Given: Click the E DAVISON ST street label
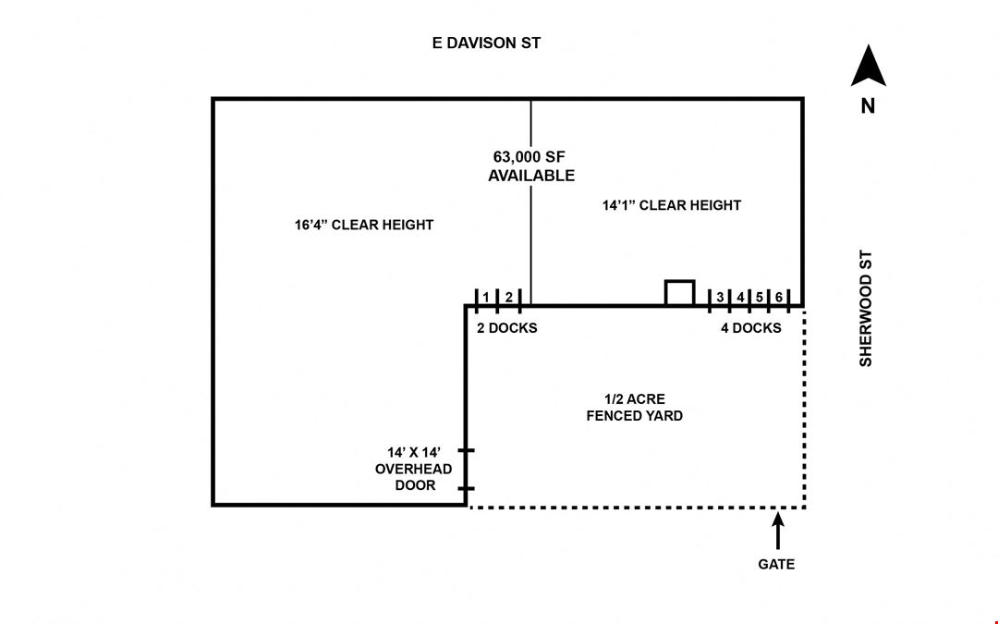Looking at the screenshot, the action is (x=486, y=43).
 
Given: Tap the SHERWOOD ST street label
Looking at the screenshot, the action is (x=866, y=308).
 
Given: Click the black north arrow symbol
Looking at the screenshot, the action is (x=868, y=65).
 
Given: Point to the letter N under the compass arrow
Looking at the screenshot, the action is (x=868, y=105).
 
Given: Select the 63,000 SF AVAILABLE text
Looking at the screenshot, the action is (x=531, y=166).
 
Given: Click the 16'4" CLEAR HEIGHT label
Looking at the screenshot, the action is (x=363, y=225).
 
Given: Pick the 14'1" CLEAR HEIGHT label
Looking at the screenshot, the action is (x=672, y=205).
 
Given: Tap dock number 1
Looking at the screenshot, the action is (x=486, y=298).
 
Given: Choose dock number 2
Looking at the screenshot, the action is (x=508, y=298).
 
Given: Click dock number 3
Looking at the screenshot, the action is (x=720, y=298).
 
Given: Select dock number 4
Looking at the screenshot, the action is (x=740, y=298).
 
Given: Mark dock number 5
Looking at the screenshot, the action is (x=760, y=298).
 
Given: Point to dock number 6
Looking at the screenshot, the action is (x=778, y=298).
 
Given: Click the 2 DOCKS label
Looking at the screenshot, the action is (x=507, y=328).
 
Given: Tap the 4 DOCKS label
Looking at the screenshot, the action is (x=751, y=328).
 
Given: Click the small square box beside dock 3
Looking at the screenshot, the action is (x=679, y=281).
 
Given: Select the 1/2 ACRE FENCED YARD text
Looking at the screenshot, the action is (x=635, y=408).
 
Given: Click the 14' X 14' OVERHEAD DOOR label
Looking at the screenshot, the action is (x=414, y=469).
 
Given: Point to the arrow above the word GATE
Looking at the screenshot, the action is (x=778, y=531).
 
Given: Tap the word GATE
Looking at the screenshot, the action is (x=776, y=564).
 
